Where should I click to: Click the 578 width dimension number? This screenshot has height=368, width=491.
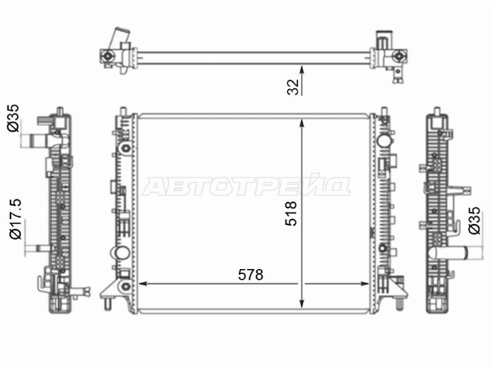pyautogui.click(x=250, y=275)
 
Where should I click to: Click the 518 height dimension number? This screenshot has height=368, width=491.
pyautogui.click(x=291, y=213)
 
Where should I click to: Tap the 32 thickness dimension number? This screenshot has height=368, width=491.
pyautogui.click(x=293, y=87)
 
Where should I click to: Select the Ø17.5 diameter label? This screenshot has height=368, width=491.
pyautogui.click(x=16, y=218)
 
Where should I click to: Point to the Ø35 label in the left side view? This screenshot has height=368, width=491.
pyautogui.click(x=13, y=118)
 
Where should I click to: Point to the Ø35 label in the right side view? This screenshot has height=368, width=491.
pyautogui.click(x=474, y=220)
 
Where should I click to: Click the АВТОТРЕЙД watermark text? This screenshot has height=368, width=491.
pyautogui.click(x=245, y=186)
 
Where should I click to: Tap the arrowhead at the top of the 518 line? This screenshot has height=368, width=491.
pyautogui.click(x=302, y=123)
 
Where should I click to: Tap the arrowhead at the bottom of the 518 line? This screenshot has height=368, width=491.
pyautogui.click(x=302, y=303)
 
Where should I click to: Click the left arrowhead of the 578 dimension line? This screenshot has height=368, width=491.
pyautogui.click(x=142, y=284)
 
